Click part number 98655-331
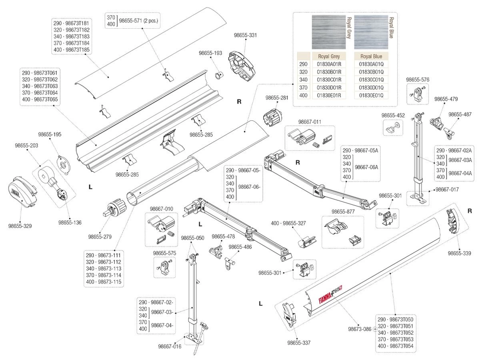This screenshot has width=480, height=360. (245, 35)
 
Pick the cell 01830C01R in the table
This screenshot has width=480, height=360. (329, 80)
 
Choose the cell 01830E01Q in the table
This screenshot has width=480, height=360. (371, 95)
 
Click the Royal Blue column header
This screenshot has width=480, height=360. (371, 56)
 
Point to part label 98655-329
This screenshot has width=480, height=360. (20, 226)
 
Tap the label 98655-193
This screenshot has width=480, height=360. (210, 53)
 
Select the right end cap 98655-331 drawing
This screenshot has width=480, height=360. (242, 63)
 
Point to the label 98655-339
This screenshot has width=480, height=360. (460, 253)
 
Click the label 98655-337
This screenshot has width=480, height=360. (299, 343)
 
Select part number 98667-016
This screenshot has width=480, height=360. (170, 347)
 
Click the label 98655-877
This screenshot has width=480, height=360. (343, 211)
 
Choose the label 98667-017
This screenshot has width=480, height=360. (447, 189)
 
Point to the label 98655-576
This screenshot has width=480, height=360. (418, 80)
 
